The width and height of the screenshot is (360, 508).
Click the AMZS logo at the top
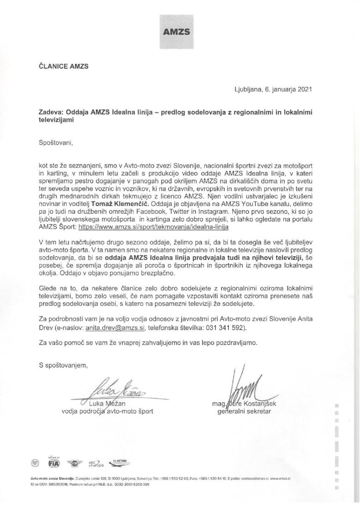(179, 31)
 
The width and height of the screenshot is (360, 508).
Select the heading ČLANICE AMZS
(64, 66)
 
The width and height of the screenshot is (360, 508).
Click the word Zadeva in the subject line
(52, 112)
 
